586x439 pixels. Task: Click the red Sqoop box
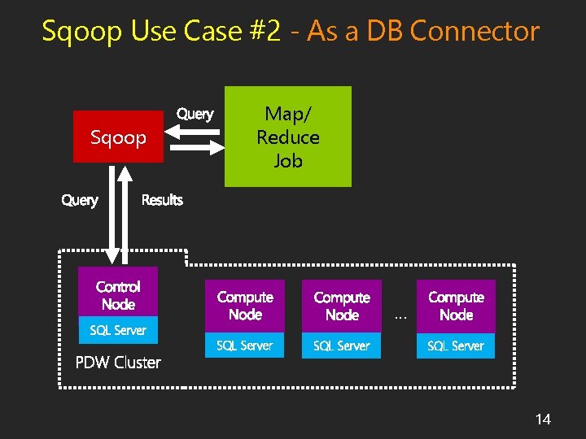tap(118, 137)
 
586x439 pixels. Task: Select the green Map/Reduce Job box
tap(287, 137)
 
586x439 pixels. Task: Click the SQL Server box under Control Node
tap(118, 330)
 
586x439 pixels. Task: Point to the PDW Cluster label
tap(118, 363)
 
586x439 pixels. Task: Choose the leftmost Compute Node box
tap(245, 306)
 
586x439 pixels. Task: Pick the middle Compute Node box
tap(342, 306)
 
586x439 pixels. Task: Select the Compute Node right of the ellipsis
tap(456, 306)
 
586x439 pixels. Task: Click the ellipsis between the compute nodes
tap(399, 316)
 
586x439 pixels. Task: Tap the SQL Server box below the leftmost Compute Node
tap(245, 346)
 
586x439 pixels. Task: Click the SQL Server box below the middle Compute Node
tap(342, 346)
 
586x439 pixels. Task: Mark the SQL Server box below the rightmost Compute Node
tap(456, 346)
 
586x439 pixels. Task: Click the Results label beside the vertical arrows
tap(162, 200)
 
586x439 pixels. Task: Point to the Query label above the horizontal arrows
tap(195, 114)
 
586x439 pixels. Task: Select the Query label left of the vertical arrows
tap(80, 200)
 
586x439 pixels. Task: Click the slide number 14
tap(543, 419)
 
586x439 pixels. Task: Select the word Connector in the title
tap(475, 32)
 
